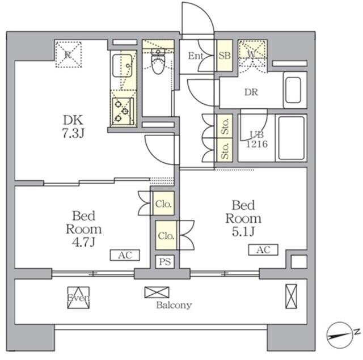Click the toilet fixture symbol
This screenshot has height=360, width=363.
(158, 61)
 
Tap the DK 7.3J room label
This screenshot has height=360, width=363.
(73, 126)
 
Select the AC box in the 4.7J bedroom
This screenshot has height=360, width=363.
(125, 255)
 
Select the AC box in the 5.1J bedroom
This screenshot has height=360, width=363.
(263, 250)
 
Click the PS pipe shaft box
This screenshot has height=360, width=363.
(165, 262)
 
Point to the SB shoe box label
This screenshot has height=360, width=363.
(225, 56)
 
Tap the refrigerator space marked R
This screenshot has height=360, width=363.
(68, 54)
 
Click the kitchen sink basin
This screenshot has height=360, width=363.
(123, 65)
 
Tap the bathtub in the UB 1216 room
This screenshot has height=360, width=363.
(291, 138)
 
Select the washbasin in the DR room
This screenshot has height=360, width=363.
(293, 90)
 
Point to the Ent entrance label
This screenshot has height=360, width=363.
(196, 56)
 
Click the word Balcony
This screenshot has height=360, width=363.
(174, 306)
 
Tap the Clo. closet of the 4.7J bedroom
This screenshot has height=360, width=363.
(163, 204)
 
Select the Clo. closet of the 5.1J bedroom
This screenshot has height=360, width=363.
(166, 235)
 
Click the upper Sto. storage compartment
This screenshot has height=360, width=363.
(225, 126)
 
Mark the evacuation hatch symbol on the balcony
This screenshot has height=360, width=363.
(78, 298)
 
